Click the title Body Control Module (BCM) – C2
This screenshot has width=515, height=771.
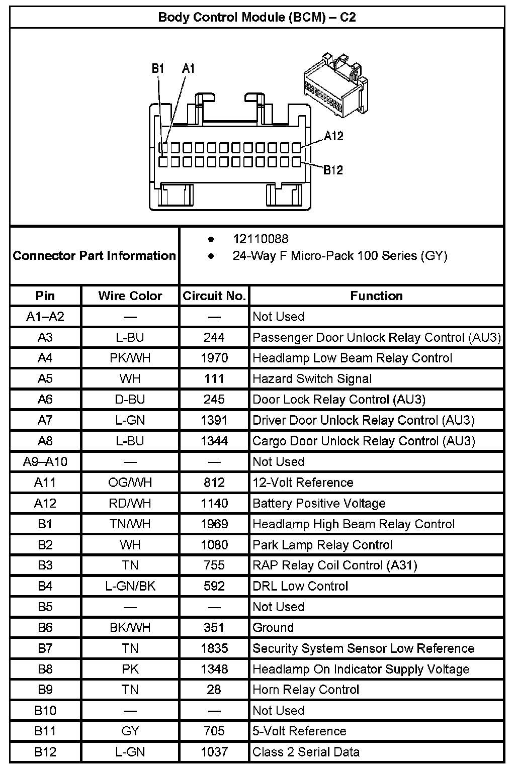(257, 17)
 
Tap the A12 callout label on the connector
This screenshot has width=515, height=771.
(333, 136)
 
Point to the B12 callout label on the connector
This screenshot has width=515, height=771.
(333, 170)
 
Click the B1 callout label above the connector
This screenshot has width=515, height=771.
(158, 68)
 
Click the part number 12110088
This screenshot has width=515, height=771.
(261, 239)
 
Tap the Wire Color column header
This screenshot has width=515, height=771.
(130, 296)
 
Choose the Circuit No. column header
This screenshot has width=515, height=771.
(214, 296)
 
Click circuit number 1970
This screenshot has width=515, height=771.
(214, 358)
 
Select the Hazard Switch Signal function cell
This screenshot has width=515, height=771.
(312, 378)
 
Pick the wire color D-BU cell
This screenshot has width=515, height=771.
(130, 399)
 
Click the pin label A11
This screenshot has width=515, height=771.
(45, 483)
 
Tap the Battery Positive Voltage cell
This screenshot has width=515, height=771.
(319, 503)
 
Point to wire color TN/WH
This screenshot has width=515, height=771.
(130, 524)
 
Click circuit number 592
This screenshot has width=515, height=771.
(214, 586)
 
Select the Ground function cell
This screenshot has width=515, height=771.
(273, 627)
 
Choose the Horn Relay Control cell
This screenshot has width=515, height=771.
(306, 690)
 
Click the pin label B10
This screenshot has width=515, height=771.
(45, 711)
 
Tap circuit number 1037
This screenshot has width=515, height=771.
(214, 752)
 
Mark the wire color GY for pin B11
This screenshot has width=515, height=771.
(130, 731)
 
